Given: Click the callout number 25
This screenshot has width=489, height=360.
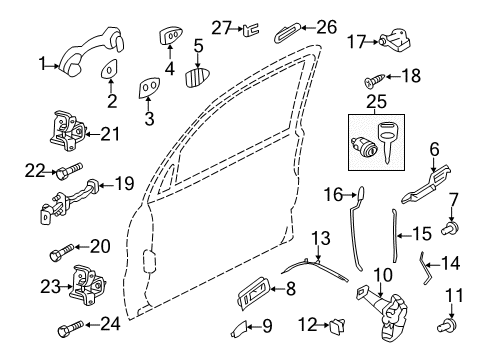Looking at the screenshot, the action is [376, 102].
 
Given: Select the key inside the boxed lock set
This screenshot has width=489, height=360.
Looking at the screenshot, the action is [387, 142].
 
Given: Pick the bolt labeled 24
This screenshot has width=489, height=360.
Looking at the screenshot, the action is [70, 328].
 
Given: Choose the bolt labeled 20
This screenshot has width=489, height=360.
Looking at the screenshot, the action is [62, 252].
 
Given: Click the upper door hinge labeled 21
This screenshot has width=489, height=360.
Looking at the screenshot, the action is [68, 132].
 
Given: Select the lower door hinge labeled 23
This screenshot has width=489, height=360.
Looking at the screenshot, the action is [87, 285].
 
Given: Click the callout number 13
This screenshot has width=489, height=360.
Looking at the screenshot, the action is [321, 238].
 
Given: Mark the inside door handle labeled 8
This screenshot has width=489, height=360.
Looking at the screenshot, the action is [252, 293].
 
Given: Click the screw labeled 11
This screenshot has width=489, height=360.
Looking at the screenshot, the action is [447, 325].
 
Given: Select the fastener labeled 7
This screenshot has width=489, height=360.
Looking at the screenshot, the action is [450, 228].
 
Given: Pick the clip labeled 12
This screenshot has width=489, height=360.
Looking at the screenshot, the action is [337, 325].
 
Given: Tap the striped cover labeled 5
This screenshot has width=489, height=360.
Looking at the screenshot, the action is [198, 77].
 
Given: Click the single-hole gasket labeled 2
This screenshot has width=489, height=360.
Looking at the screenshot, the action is [109, 69].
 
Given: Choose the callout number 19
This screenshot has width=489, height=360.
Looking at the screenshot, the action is [124, 184].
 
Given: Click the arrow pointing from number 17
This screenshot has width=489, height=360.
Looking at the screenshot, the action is [370, 42].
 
